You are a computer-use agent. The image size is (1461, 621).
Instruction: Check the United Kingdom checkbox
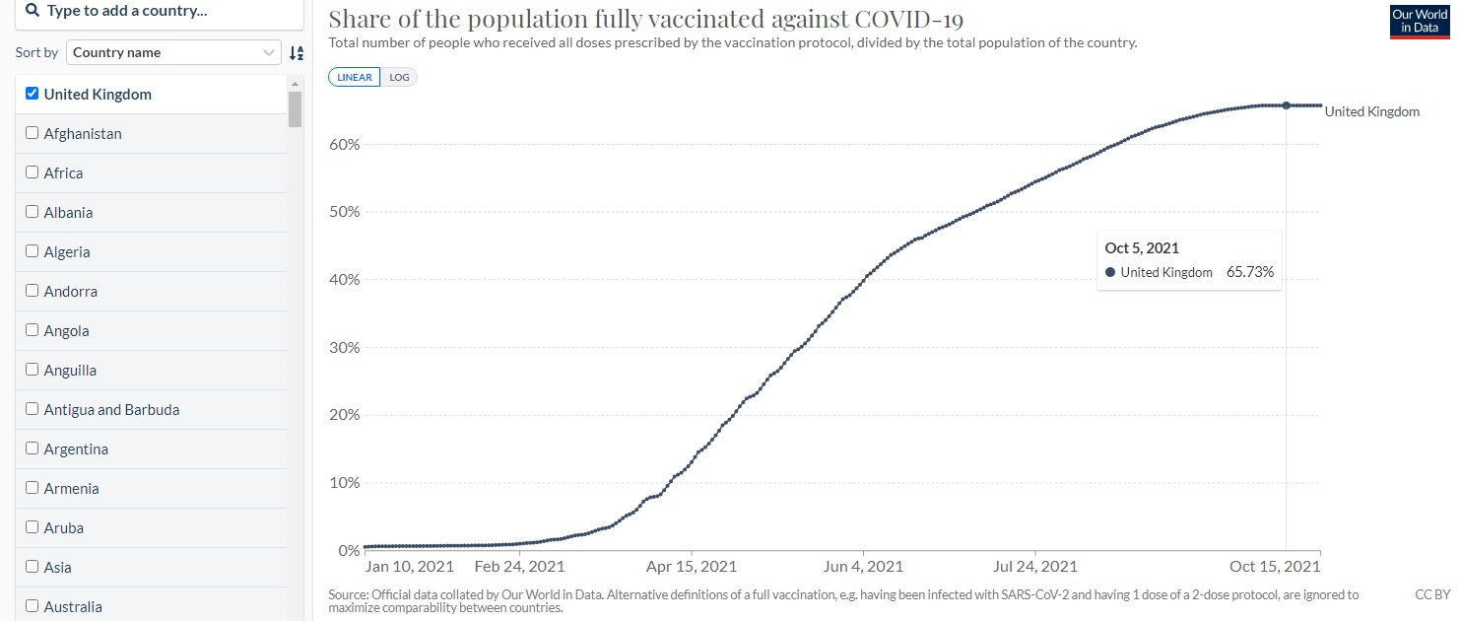33,94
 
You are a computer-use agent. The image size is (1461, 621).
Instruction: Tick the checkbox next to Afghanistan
33,133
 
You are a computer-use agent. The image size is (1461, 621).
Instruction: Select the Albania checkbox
33,212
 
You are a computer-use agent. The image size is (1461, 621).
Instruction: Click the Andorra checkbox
33,291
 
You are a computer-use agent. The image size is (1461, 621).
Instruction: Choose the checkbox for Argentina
33,448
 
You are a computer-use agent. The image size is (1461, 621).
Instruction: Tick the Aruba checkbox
33,527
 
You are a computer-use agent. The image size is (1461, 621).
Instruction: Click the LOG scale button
399,77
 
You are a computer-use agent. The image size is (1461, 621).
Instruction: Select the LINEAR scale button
355,77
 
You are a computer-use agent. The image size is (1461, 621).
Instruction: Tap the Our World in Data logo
1419,21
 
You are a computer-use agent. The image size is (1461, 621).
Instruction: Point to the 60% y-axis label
344,145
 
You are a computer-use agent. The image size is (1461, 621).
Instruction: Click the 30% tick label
344,348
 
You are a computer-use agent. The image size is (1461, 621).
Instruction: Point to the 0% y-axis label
348,550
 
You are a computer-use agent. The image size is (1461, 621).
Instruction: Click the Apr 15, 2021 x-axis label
691,567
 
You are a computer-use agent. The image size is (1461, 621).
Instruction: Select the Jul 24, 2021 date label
1035,567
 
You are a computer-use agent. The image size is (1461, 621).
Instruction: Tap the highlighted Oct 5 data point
1286,105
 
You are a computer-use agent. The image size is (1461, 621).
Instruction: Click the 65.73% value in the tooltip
1250,272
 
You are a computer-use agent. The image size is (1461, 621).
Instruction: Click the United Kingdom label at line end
1371,112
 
